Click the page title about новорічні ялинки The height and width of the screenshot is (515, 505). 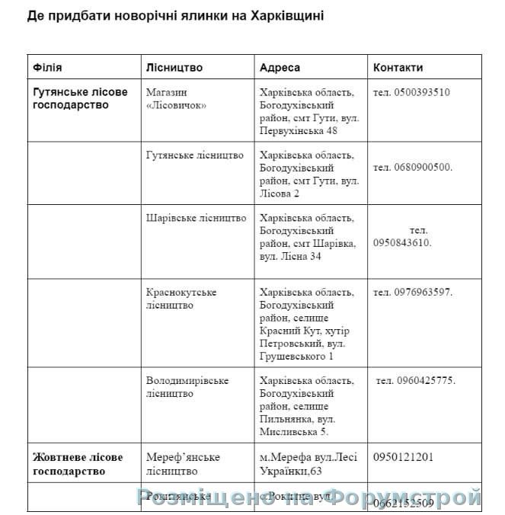tap(176, 16)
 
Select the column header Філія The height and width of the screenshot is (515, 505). tap(48, 67)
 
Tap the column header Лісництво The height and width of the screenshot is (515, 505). tap(174, 67)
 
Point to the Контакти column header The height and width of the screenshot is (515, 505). tap(398, 67)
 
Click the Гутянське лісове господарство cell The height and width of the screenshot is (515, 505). tap(81, 98)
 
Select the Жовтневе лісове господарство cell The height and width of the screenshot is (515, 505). tap(78, 463)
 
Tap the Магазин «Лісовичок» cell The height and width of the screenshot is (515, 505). tap(177, 98)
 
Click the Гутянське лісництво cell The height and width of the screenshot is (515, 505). tap(195, 155)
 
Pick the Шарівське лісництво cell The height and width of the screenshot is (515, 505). tap(197, 218)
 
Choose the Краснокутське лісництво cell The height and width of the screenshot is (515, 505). tap(181, 299)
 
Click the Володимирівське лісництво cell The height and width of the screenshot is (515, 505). tap(187, 387)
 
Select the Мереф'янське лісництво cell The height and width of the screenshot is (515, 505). tap(183, 463)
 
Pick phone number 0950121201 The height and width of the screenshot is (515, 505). tap(404, 457)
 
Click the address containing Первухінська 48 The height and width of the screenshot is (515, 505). tap(308, 111)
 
